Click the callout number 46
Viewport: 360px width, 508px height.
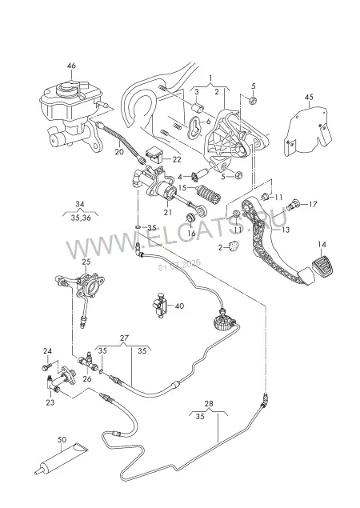tap(71, 66)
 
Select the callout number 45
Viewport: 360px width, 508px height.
tap(309, 97)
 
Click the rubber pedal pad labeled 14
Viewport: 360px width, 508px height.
tap(323, 265)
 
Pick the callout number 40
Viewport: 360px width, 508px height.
tap(179, 306)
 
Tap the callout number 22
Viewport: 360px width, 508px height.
tap(177, 159)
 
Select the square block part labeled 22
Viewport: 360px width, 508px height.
tap(156, 156)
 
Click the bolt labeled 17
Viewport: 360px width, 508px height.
tap(293, 205)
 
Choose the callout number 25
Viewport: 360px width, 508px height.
tap(86, 262)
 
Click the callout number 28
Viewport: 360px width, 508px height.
tap(209, 404)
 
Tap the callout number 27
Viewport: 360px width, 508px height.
tap(124, 338)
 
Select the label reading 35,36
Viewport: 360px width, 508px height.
tap(81, 218)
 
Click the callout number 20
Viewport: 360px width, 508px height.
tap(119, 151)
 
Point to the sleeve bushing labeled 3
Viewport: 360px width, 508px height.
tap(199, 108)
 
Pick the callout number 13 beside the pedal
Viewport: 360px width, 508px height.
tap(286, 230)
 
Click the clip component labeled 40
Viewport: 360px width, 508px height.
tap(160, 305)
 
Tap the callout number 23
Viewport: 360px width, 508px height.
tap(50, 402)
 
